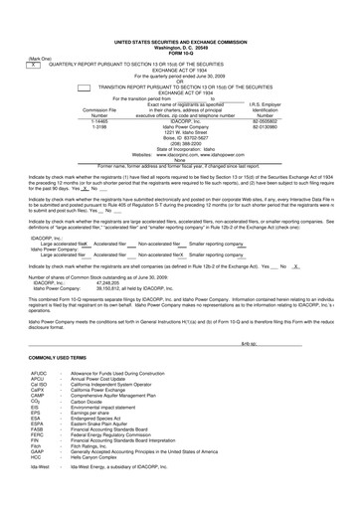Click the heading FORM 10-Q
click(x=180, y=25)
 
